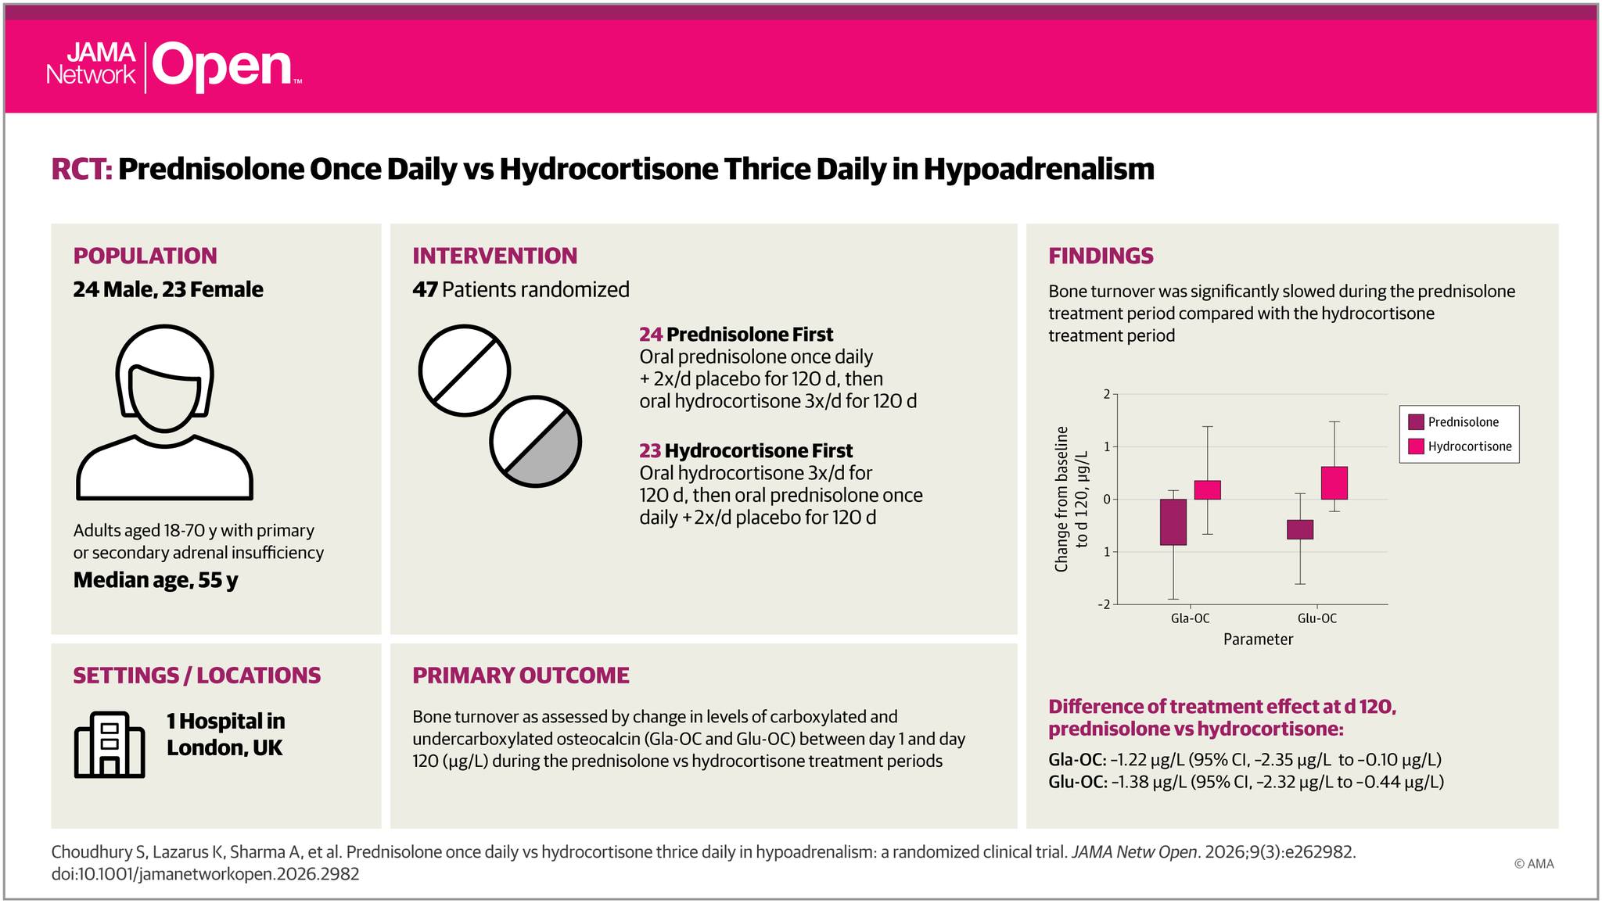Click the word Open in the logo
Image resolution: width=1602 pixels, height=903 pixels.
pos(222,68)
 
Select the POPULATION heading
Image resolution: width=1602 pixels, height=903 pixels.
pos(145,256)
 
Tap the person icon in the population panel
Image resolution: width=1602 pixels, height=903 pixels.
pos(164,412)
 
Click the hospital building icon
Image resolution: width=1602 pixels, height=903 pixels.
pos(110,745)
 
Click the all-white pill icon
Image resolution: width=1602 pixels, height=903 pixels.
pos(465,371)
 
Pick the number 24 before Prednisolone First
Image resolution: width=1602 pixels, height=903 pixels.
pos(651,335)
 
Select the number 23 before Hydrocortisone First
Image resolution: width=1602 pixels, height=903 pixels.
pos(650,451)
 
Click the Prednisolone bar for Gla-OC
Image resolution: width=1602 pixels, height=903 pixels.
pos(1173,521)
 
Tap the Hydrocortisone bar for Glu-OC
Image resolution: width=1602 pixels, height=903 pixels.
pos(1334,482)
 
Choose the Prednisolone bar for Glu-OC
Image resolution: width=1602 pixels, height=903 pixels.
pos(1300,529)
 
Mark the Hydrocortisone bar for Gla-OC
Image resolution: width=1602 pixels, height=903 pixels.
pos(1208,489)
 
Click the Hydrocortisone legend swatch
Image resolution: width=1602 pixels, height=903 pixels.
pos(1416,446)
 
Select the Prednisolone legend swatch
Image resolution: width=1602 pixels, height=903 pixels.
pos(1416,422)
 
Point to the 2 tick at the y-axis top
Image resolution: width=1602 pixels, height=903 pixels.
pos(1107,394)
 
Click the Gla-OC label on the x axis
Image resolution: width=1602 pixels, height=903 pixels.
pos(1190,618)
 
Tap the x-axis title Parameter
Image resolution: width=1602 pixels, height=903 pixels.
pos(1258,640)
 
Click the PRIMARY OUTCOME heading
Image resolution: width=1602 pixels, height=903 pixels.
pos(521,675)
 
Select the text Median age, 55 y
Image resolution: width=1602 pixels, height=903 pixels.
pos(156,580)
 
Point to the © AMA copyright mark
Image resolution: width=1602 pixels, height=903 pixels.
pos(1534,864)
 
